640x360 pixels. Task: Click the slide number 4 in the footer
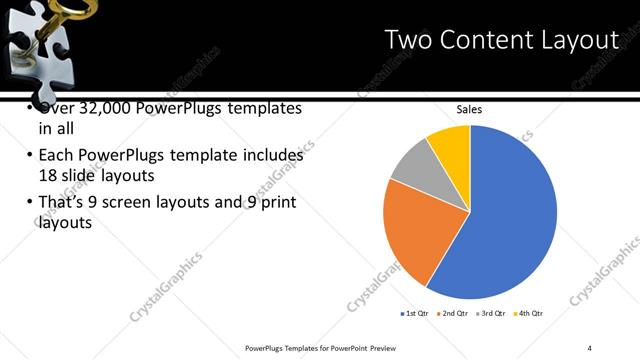590,347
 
